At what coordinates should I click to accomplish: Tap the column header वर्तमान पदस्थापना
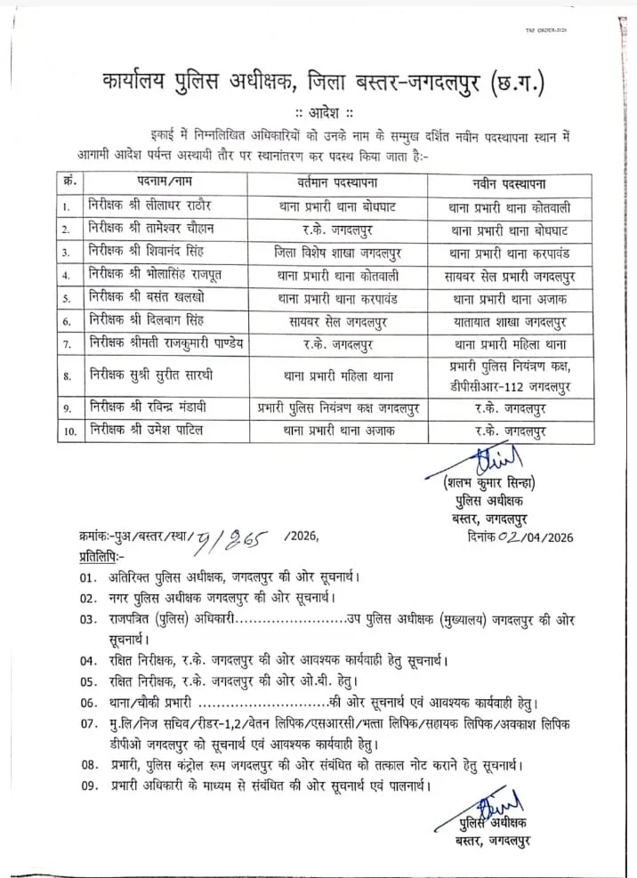tap(337, 183)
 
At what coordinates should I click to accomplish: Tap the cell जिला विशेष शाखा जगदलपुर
tap(337, 252)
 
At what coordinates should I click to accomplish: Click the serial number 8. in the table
tap(69, 375)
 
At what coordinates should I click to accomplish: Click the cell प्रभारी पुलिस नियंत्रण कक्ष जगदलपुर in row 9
tap(337, 408)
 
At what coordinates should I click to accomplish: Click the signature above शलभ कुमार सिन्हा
tap(487, 463)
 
